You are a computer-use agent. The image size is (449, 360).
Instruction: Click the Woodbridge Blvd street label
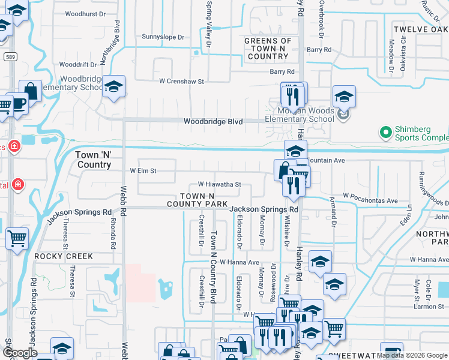(213, 121)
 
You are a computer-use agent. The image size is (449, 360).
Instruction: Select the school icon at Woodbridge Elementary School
(113, 87)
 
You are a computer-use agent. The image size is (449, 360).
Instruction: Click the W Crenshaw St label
(181, 81)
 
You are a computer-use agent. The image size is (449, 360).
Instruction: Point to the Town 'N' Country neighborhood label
(94, 159)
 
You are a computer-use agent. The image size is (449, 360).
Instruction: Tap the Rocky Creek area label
(64, 256)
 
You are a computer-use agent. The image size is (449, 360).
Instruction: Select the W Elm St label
(143, 171)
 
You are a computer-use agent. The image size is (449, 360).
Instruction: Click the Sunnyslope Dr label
(163, 37)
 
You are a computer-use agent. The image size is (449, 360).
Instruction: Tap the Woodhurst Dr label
(85, 13)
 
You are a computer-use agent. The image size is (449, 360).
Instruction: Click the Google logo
(20, 353)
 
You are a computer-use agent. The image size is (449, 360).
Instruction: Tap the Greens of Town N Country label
(268, 49)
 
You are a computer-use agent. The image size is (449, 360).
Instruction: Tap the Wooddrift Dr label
(82, 64)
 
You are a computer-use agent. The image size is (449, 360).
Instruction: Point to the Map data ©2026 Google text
(412, 355)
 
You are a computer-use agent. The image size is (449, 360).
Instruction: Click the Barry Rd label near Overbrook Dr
(319, 50)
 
